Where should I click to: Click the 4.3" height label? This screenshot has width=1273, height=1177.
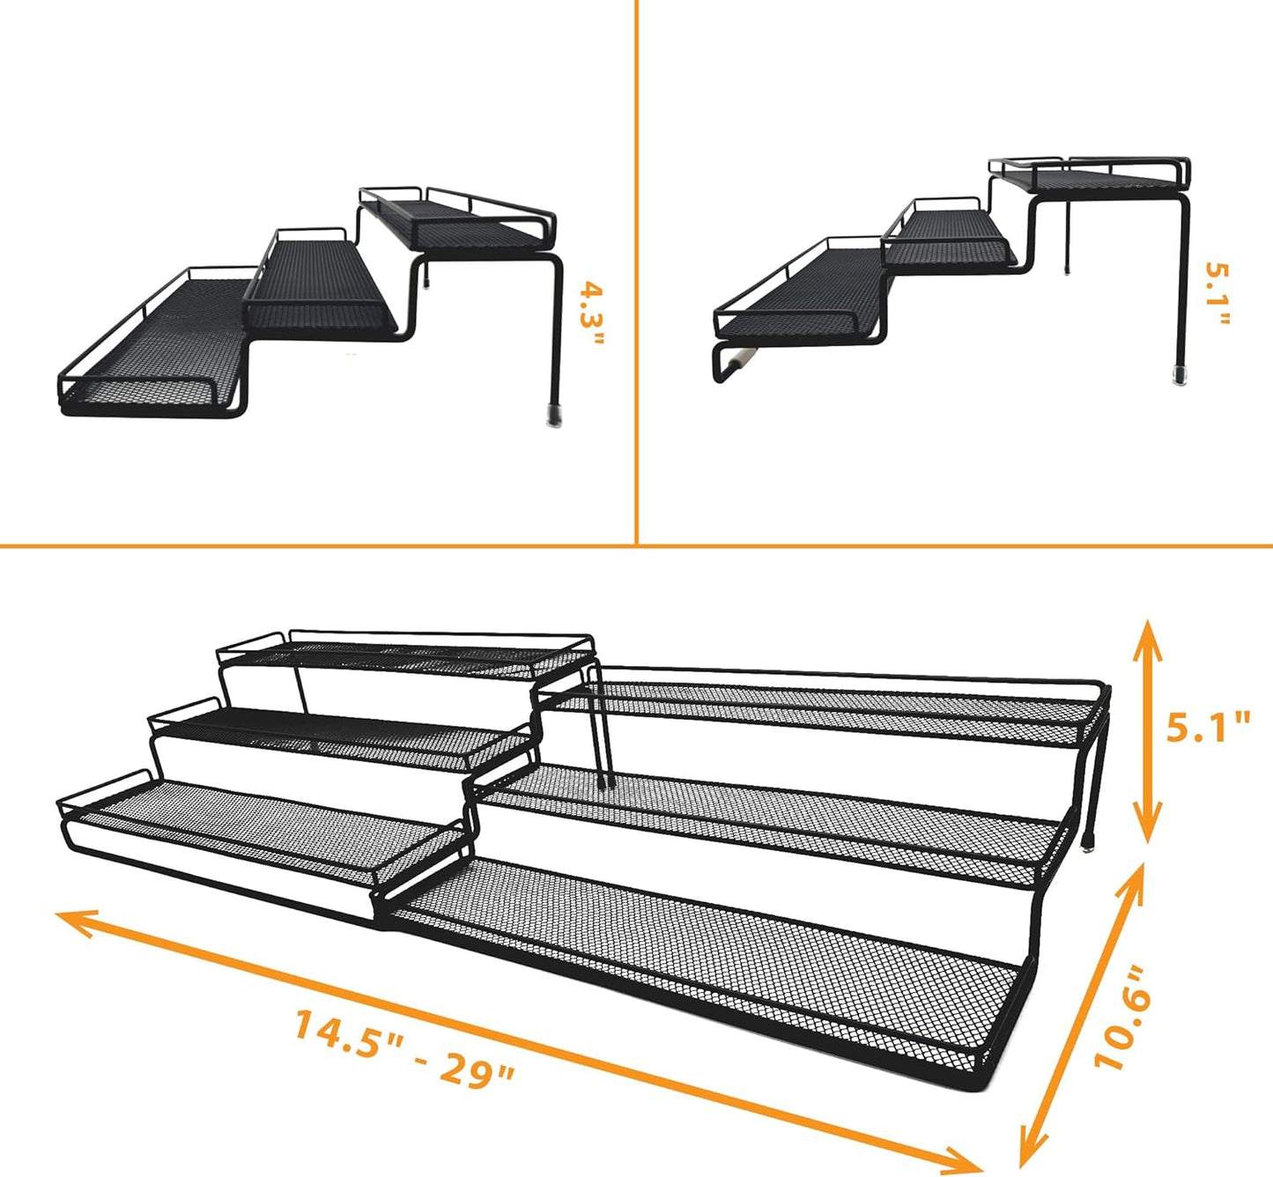point(593,315)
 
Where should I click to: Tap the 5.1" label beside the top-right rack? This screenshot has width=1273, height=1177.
point(1217,293)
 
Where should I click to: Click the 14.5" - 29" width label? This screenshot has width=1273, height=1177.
point(403,1049)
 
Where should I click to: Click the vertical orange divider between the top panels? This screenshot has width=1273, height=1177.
point(636,264)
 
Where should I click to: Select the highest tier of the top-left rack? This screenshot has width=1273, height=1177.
point(458,220)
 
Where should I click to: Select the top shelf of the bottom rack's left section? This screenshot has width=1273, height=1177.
point(405,656)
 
